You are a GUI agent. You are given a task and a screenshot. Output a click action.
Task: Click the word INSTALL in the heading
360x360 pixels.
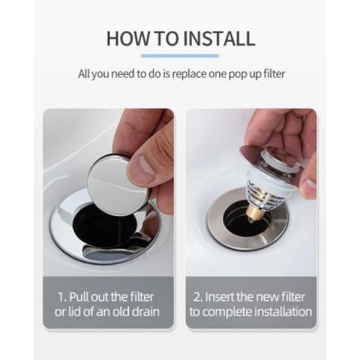(x=220, y=38)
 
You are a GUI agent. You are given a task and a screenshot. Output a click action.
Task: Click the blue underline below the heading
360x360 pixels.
(x=180, y=55)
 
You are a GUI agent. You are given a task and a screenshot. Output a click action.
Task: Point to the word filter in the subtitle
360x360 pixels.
(x=274, y=73)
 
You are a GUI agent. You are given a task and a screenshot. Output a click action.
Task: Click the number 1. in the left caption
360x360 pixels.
(x=62, y=297)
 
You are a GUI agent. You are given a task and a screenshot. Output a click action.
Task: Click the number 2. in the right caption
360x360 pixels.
(x=197, y=297)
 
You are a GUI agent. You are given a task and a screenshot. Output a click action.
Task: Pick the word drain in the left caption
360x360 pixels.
(x=145, y=312)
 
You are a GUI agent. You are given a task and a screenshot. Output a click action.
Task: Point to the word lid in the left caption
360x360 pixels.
(x=73, y=312)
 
